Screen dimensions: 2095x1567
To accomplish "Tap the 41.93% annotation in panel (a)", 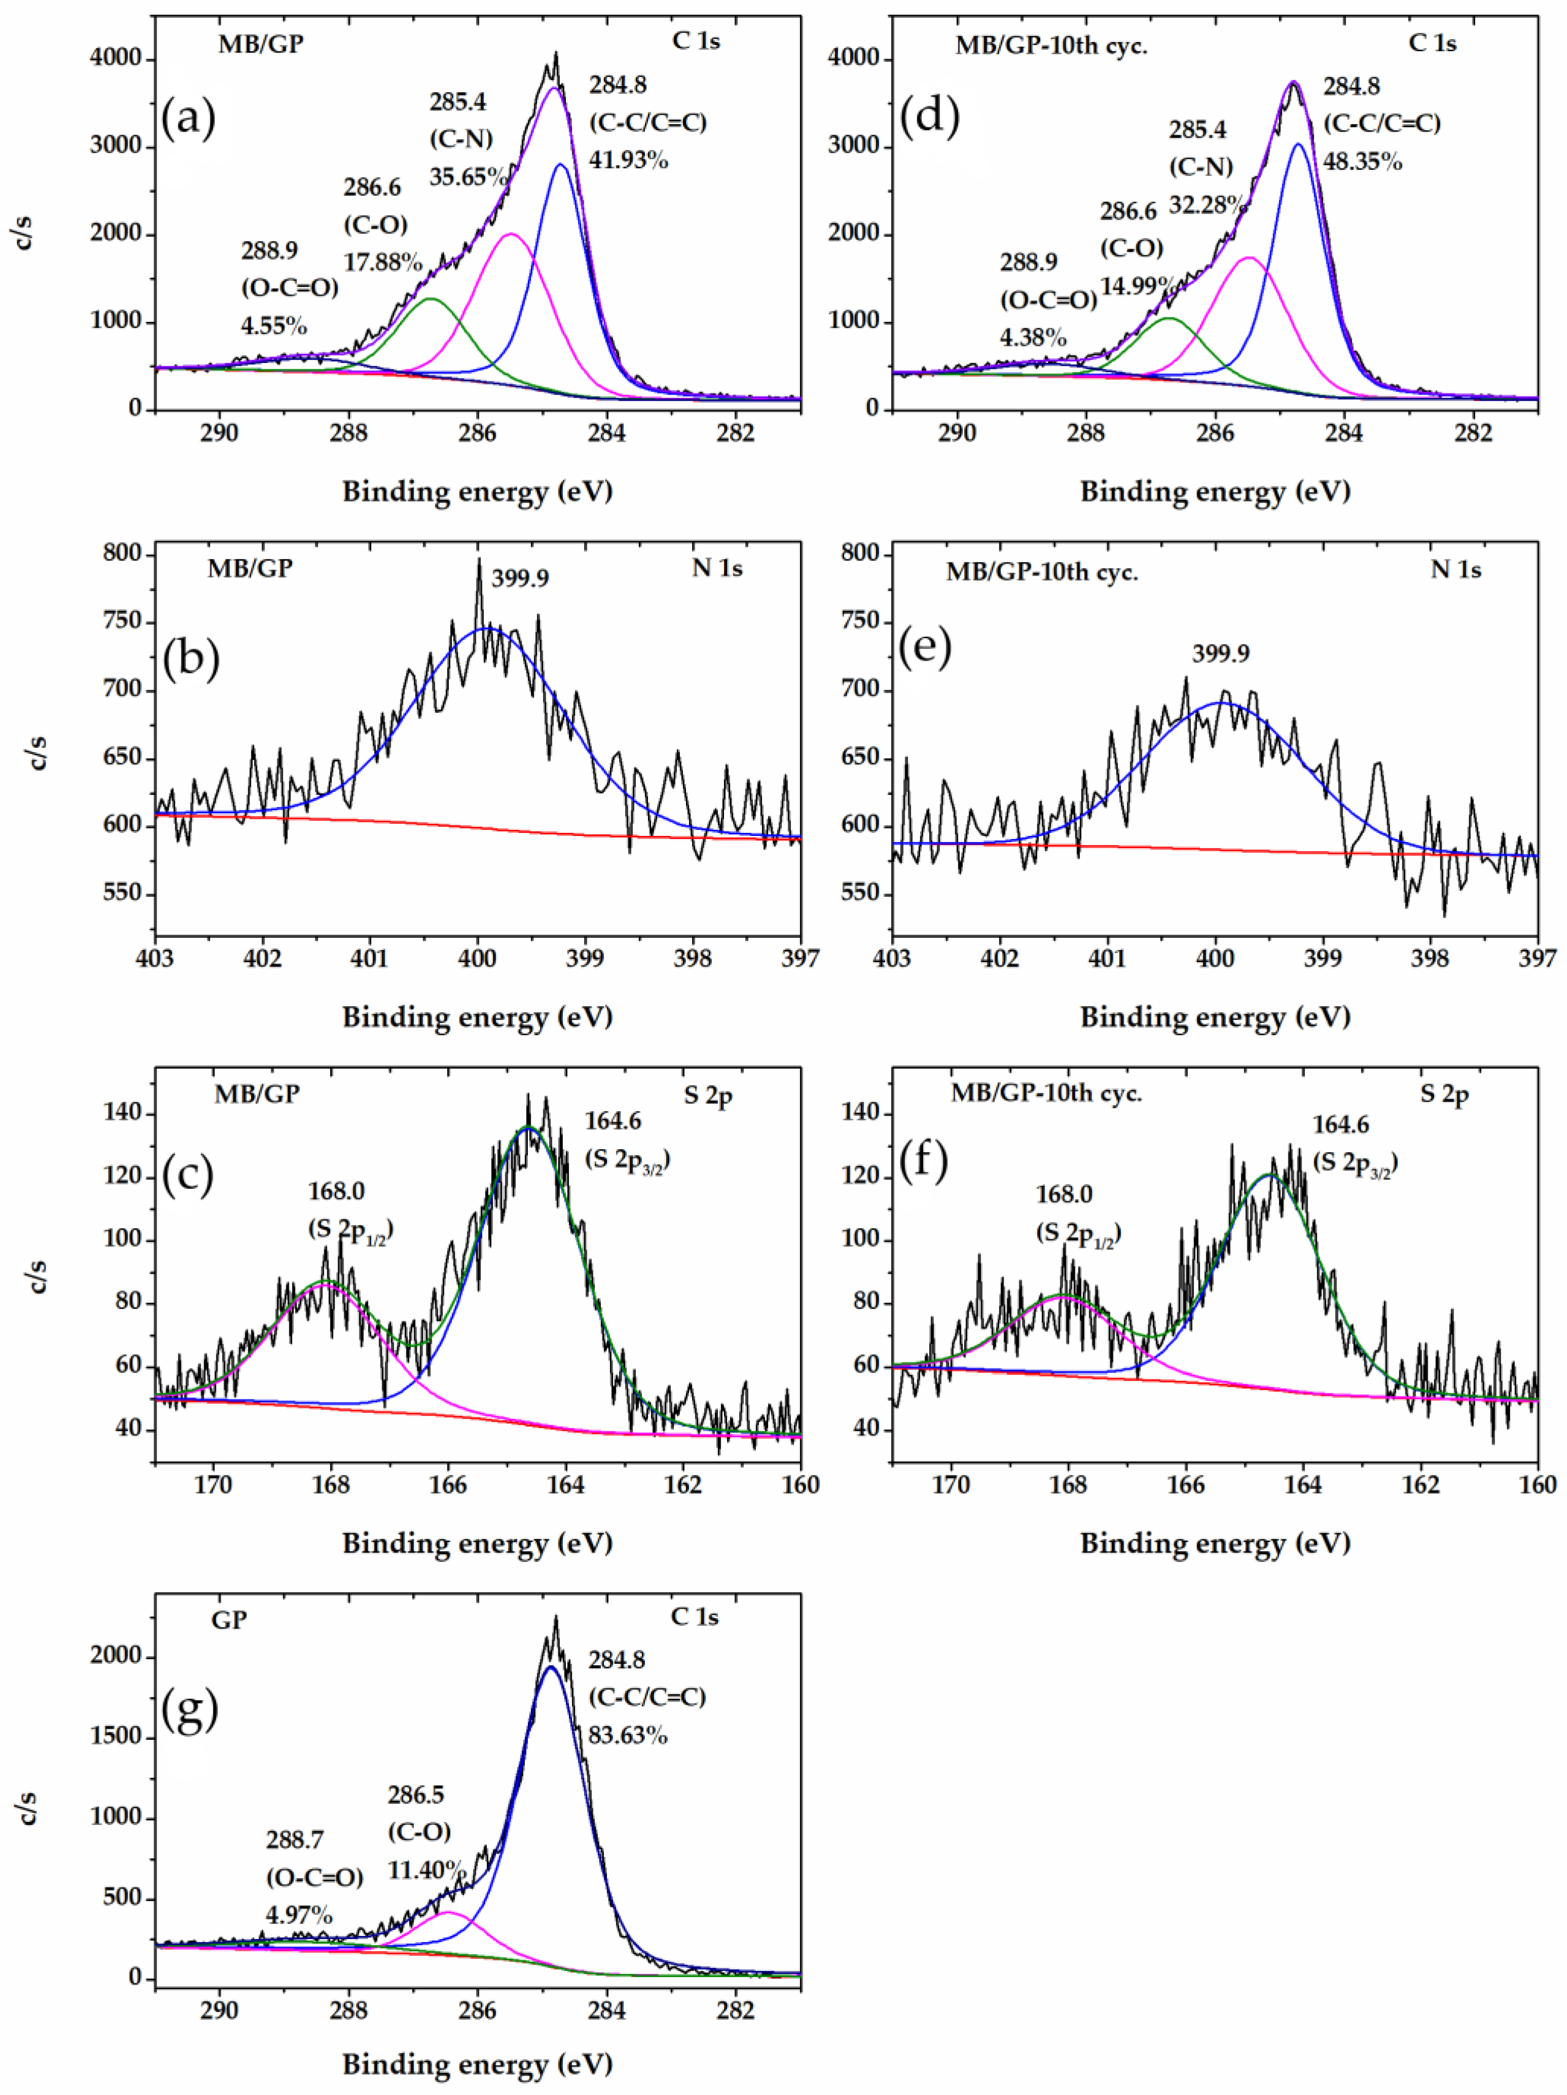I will pos(629,160).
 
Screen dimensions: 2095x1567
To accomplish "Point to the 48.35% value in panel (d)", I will pos(1362,162).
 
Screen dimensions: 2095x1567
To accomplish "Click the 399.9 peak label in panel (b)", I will pos(520,578).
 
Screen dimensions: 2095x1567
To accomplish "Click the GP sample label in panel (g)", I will pos(229,1620).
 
